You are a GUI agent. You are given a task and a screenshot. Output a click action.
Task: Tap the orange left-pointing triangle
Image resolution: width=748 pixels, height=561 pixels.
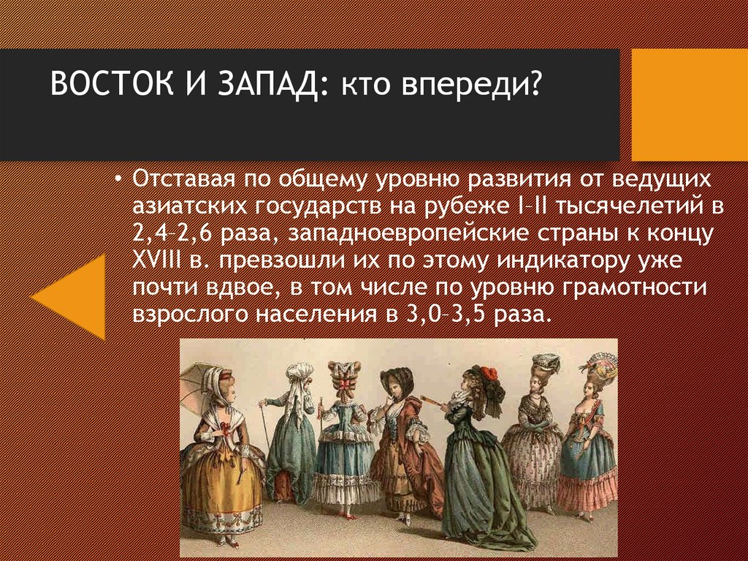point(72,296)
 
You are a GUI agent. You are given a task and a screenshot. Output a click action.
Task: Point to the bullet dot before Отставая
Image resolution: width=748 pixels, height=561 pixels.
point(121,179)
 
